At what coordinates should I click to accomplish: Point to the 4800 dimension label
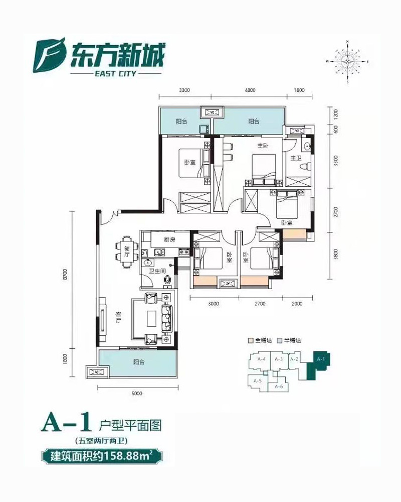(250, 90)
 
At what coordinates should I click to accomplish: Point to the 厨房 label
(169, 239)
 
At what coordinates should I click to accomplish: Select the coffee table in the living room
(152, 318)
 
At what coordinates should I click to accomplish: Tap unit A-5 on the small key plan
(259, 381)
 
